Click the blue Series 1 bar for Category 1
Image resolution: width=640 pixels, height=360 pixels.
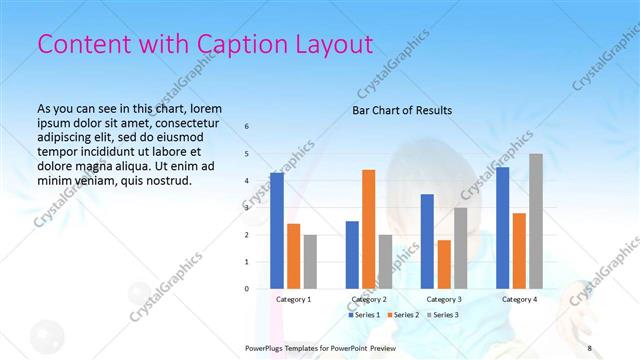click(277, 230)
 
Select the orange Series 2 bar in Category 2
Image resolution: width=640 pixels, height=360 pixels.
click(368, 229)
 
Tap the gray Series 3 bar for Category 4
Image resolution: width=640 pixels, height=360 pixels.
click(536, 221)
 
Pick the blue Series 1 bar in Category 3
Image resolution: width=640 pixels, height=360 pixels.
click(427, 241)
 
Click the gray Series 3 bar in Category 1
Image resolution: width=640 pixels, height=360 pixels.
click(311, 261)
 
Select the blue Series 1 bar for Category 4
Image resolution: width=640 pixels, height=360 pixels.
click(502, 227)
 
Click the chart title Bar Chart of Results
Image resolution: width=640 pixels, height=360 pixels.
click(402, 110)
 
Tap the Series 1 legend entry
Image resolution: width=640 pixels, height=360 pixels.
click(365, 315)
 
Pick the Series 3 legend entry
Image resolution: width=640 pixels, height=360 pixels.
click(445, 315)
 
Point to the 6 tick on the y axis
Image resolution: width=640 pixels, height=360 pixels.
click(247, 127)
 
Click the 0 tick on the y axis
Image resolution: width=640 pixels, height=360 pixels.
click(247, 289)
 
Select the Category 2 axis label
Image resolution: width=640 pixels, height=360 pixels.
click(369, 299)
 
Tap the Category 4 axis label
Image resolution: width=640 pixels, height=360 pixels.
click(519, 299)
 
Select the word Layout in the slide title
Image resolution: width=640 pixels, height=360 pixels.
click(336, 44)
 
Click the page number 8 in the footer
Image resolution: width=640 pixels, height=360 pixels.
click(590, 347)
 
